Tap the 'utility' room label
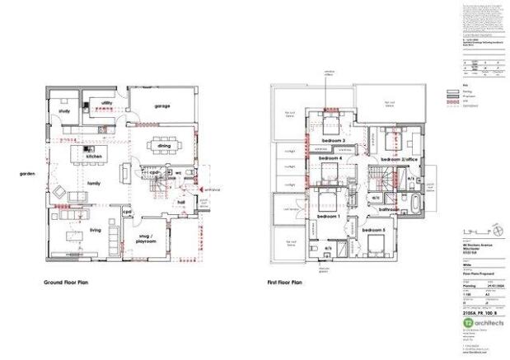[x=106, y=103]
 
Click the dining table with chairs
[x=161, y=146]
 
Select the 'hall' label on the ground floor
[x=181, y=199]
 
